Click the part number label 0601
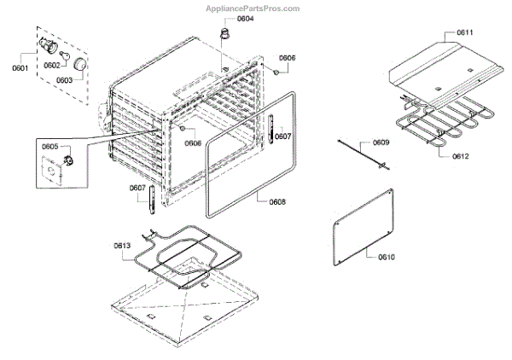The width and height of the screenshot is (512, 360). (20, 67)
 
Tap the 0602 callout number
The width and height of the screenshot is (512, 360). (52, 65)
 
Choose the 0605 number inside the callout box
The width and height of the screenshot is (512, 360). (49, 147)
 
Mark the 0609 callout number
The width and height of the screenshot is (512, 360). (381, 142)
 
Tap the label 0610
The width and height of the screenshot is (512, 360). (386, 256)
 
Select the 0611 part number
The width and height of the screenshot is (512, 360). (464, 32)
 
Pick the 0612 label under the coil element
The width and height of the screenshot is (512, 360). (461, 157)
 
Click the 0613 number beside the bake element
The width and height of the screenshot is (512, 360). (122, 246)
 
